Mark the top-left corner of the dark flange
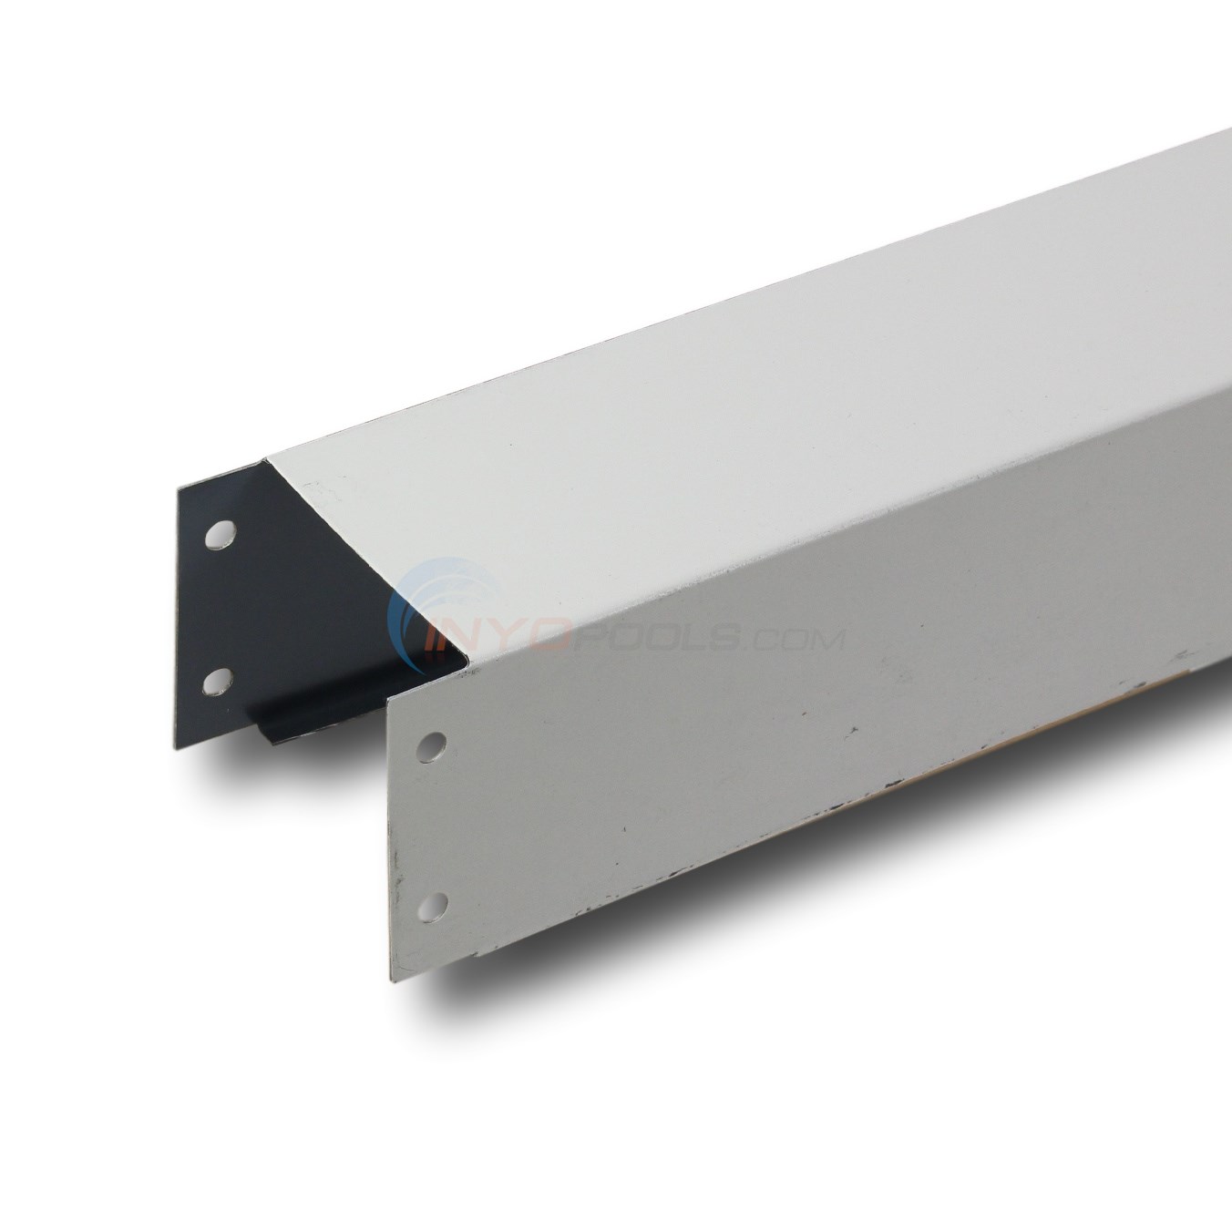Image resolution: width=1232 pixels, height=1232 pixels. pos(179,489)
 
